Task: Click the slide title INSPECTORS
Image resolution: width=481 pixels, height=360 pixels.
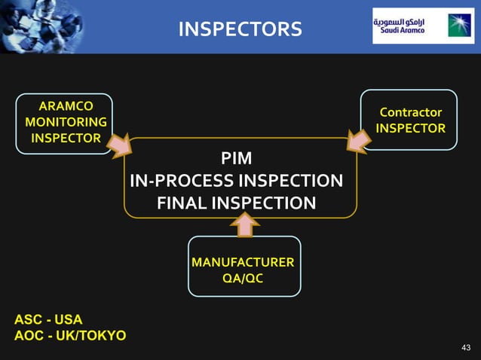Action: pyautogui.click(x=240, y=29)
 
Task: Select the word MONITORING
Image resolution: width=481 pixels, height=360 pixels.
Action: pyautogui.click(x=66, y=122)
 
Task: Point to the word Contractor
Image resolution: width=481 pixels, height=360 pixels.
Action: pyautogui.click(x=411, y=112)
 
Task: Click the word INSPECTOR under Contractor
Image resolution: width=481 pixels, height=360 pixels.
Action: pyautogui.click(x=411, y=128)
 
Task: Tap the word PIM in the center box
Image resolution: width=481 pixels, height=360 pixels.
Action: pyautogui.click(x=237, y=159)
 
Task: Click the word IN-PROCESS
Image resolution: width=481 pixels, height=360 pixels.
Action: pyautogui.click(x=182, y=182)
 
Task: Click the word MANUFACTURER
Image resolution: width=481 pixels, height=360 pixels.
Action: pyautogui.click(x=243, y=262)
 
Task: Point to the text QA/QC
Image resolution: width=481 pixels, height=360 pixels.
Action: pyautogui.click(x=243, y=278)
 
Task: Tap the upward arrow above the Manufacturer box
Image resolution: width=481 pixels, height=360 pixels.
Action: pyautogui.click(x=244, y=224)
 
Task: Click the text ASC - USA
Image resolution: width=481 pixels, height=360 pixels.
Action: pyautogui.click(x=48, y=319)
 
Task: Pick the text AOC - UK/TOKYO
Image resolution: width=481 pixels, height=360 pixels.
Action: pyautogui.click(x=70, y=335)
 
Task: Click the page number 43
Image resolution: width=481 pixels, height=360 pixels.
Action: pyautogui.click(x=465, y=347)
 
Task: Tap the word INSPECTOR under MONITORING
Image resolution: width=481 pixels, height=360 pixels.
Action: pyautogui.click(x=66, y=138)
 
